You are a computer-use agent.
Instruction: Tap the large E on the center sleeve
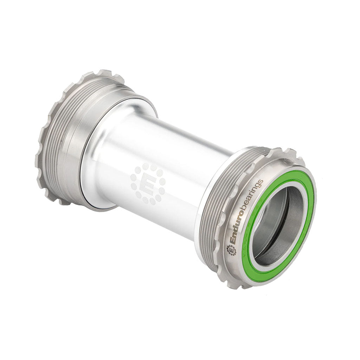148,184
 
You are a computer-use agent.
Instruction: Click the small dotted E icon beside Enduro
231,250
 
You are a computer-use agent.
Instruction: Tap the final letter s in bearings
261,182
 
